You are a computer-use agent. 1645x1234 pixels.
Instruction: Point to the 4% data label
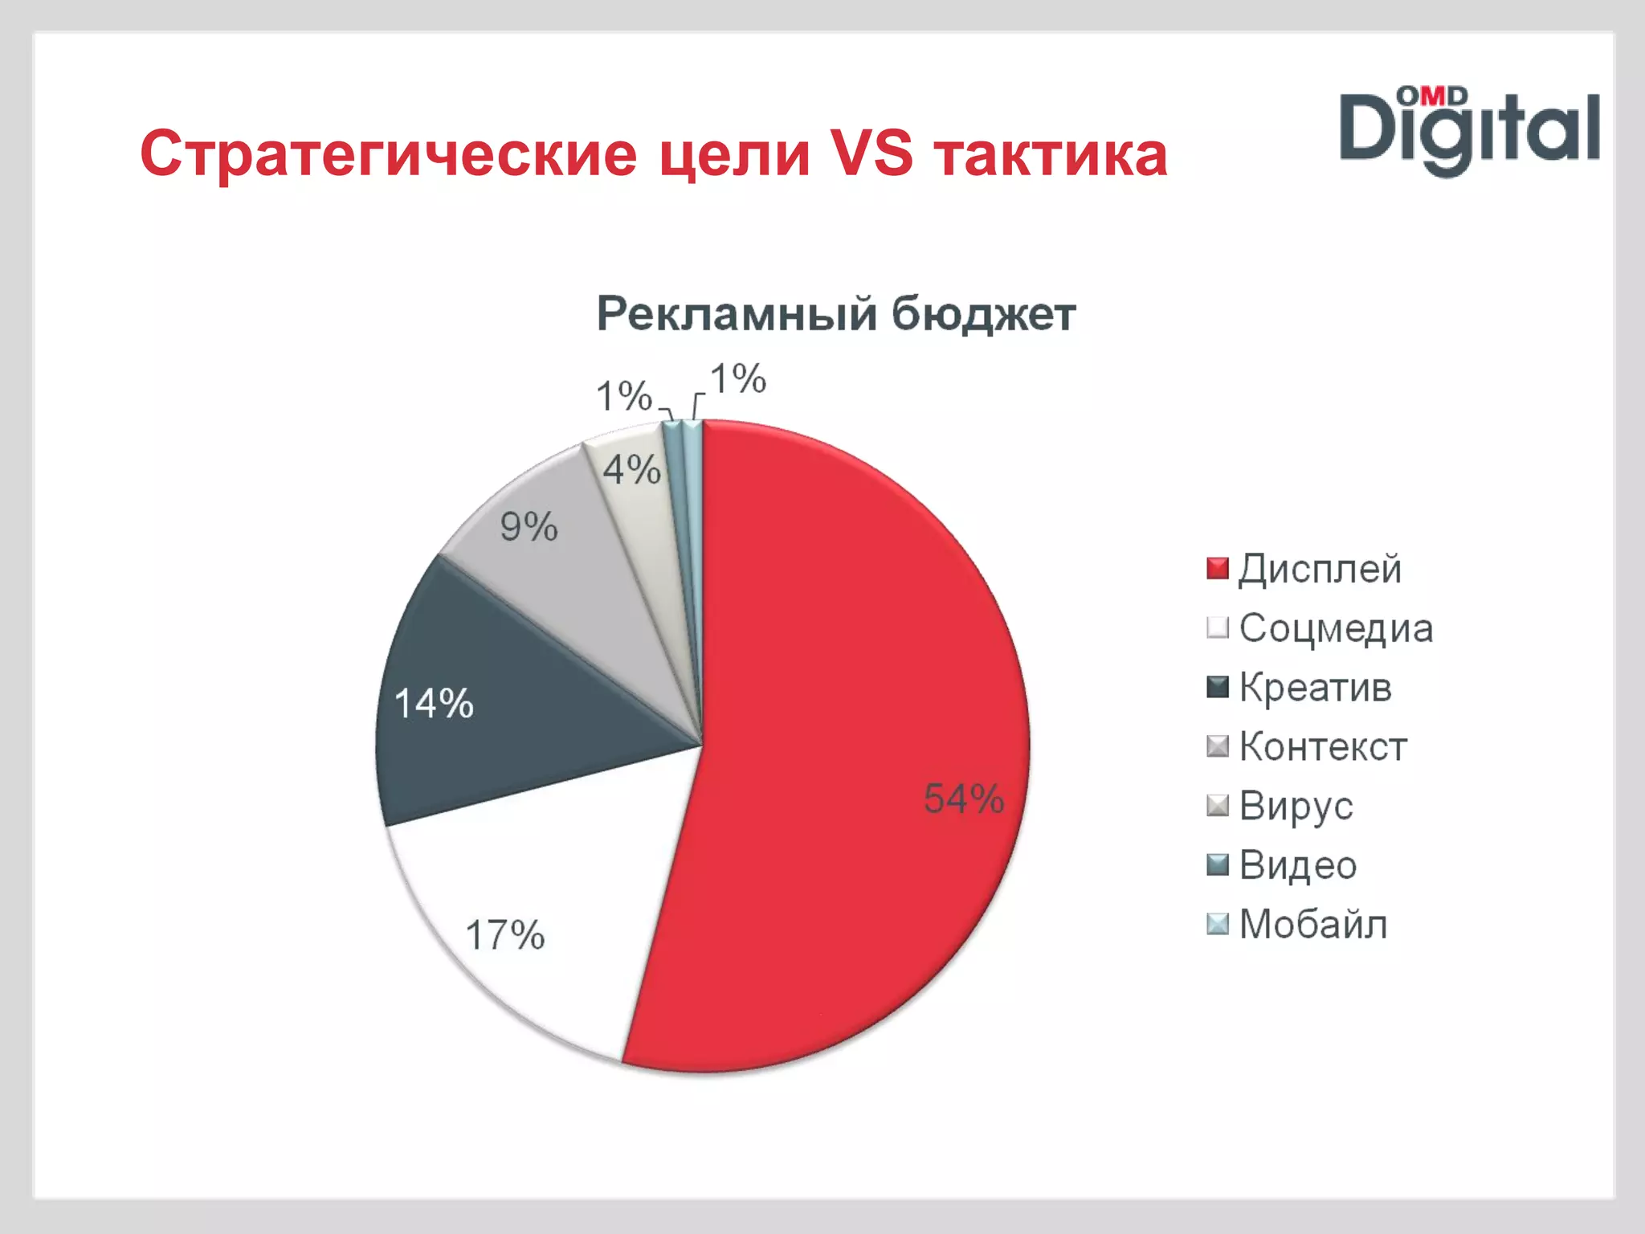coord(631,469)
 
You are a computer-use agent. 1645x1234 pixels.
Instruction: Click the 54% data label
coord(963,799)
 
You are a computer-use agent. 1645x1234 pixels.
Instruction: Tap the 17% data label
coord(504,935)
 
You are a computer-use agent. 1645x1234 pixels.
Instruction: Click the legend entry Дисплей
coord(1320,569)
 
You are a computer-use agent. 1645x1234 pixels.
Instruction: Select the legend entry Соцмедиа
coord(1335,628)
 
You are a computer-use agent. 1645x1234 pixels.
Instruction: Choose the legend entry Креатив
coord(1315,688)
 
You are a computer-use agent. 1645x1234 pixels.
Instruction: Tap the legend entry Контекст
coord(1323,746)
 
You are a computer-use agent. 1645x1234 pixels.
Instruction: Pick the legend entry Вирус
coord(1296,806)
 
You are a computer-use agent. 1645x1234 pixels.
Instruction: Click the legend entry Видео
coord(1297,865)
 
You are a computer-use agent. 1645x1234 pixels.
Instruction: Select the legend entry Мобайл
coord(1312,924)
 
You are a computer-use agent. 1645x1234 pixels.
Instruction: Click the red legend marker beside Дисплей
coord(1218,569)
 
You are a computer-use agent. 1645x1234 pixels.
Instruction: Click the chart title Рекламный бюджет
coord(835,314)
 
